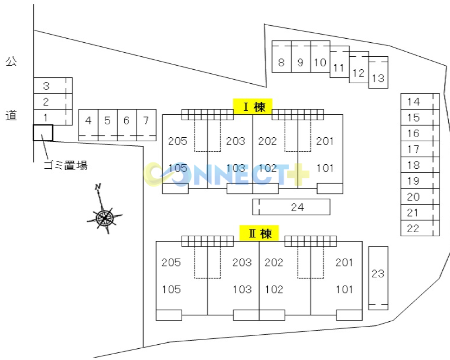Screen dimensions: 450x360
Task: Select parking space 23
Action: tap(378, 278)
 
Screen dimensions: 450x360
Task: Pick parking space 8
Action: tap(282, 57)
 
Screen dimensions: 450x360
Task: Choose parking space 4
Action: tap(88, 125)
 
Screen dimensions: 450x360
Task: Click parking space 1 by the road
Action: tap(53, 117)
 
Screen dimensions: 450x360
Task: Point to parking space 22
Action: tap(420, 228)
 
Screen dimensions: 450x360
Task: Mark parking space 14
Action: tap(420, 101)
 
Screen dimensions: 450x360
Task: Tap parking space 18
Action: tap(420, 165)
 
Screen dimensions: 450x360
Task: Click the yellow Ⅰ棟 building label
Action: tap(252, 107)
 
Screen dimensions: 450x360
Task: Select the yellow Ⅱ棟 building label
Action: tap(259, 233)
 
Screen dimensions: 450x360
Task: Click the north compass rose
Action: tap(105, 217)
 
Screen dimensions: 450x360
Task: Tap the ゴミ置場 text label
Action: tap(65, 165)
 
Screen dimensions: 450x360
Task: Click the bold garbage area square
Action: tap(43, 133)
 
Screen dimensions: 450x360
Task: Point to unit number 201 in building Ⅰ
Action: tap(324, 141)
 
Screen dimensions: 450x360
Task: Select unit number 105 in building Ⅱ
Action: tap(171, 289)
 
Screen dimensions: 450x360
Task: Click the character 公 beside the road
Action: tap(11, 61)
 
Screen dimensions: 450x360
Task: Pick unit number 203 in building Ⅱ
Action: tap(242, 262)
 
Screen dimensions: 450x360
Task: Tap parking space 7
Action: tap(147, 125)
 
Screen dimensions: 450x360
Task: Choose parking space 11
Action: tap(340, 62)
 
